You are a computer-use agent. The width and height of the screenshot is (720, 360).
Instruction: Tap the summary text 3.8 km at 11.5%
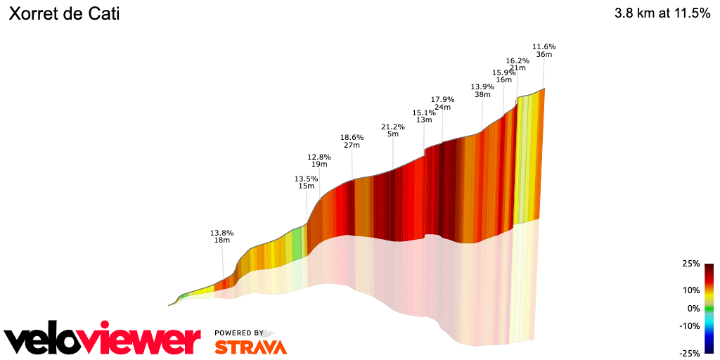click(662, 13)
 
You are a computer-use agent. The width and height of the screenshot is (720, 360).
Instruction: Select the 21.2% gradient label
click(393, 127)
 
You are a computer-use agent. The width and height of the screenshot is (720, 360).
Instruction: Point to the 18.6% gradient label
click(352, 137)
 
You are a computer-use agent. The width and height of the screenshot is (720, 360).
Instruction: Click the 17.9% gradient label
click(442, 99)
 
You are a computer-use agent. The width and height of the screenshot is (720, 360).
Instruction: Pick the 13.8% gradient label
click(221, 232)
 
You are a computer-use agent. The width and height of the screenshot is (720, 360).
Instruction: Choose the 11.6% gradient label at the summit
click(544, 46)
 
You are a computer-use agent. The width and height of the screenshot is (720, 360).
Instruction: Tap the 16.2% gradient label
click(517, 60)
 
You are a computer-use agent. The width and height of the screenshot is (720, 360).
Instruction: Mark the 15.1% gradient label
click(423, 112)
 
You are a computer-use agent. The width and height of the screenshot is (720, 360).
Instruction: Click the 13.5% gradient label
click(306, 179)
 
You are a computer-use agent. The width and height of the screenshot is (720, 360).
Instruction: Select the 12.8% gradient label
click(319, 157)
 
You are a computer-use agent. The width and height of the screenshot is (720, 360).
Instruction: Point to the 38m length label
click(482, 94)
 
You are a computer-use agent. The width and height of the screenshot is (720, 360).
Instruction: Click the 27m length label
click(352, 146)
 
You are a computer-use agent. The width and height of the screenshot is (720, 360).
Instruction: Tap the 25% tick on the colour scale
click(690, 264)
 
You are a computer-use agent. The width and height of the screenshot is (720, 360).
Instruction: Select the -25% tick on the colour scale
click(689, 353)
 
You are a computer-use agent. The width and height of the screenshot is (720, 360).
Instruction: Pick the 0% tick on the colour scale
click(693, 308)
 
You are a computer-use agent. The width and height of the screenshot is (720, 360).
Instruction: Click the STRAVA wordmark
click(250, 347)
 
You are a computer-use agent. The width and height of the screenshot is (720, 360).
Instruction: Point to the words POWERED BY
click(239, 333)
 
